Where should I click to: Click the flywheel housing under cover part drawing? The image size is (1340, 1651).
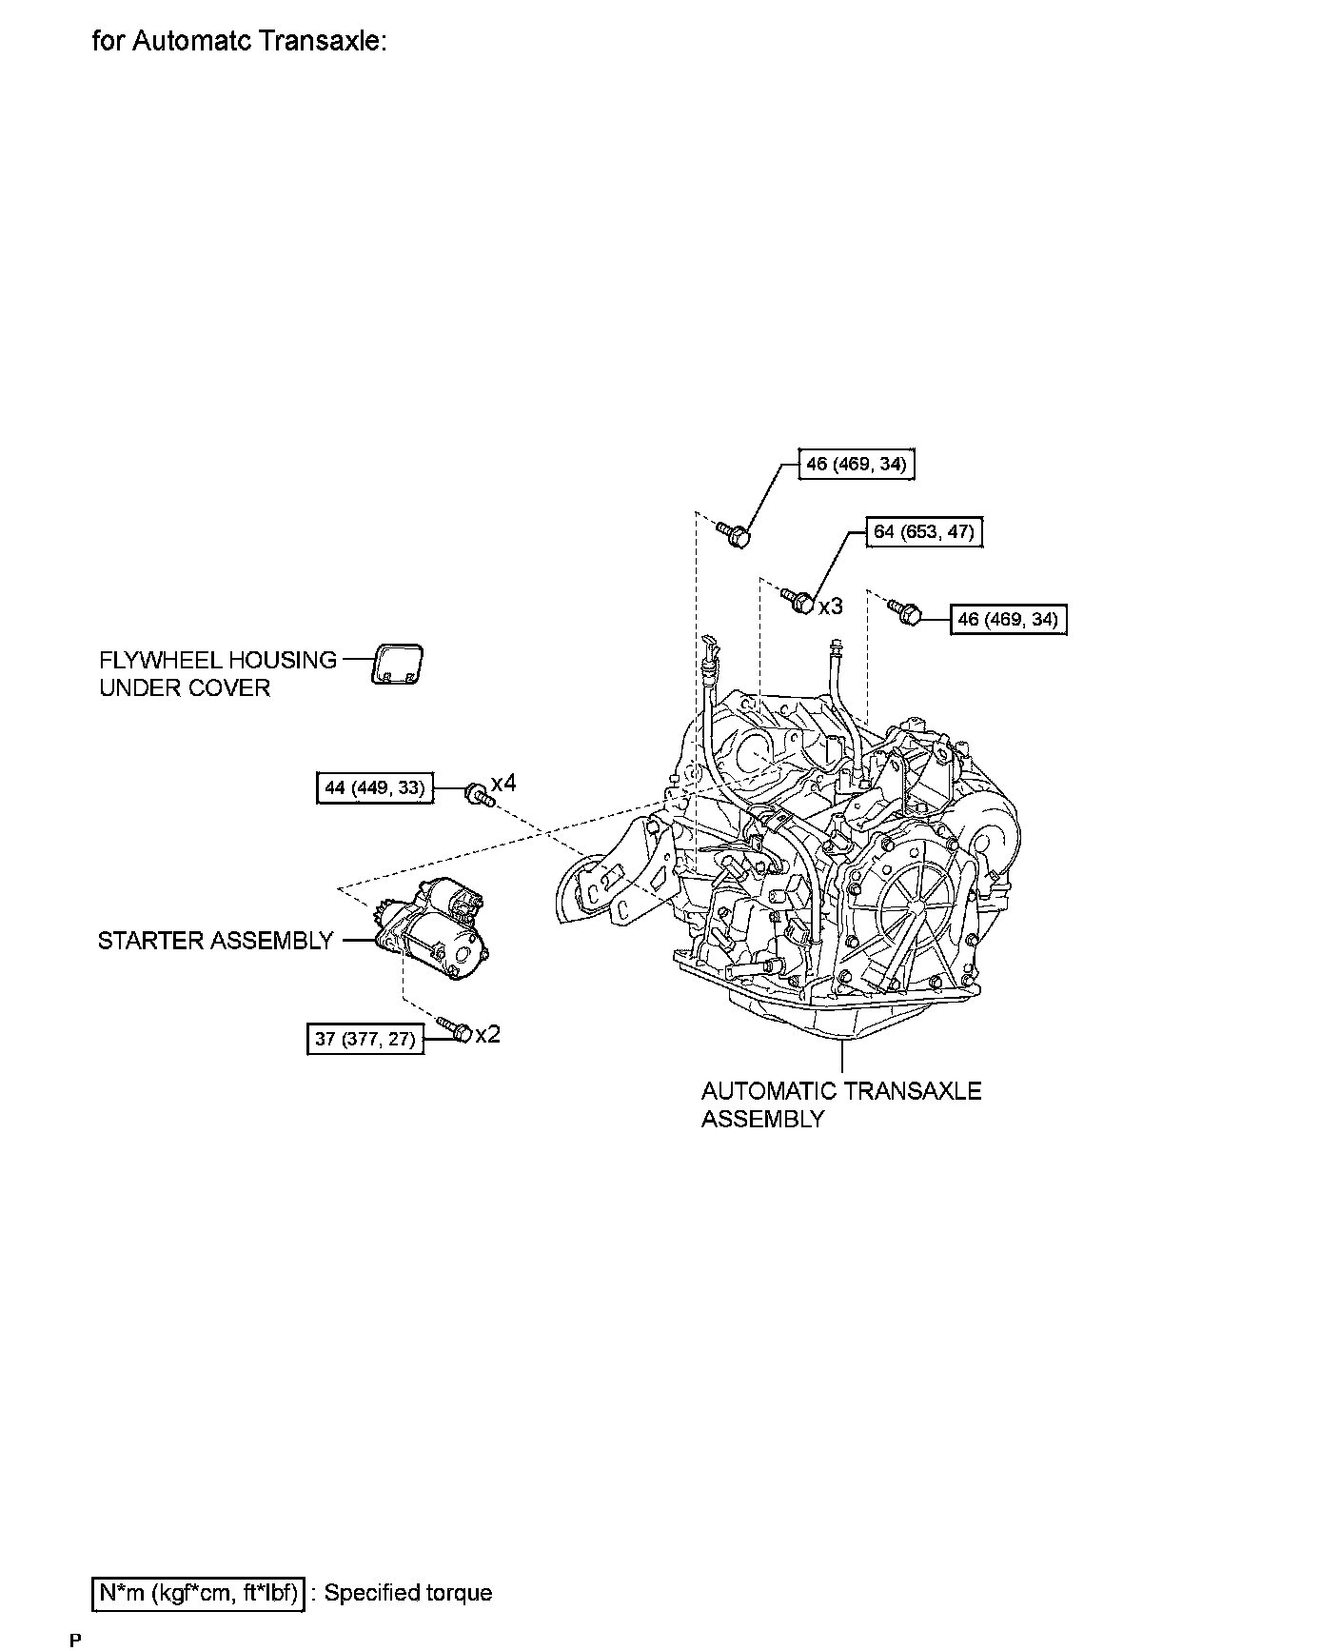(x=396, y=664)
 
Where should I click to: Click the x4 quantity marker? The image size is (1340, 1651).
(x=503, y=784)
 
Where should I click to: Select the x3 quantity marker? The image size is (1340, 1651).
(x=830, y=606)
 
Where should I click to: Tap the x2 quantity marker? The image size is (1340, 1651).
(x=487, y=1034)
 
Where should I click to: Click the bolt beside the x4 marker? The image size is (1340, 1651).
(x=478, y=794)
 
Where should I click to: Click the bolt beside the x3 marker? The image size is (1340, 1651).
(x=798, y=601)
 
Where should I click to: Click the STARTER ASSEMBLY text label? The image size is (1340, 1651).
(x=216, y=941)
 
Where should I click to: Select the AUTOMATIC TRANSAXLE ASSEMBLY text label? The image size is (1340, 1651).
(x=841, y=1104)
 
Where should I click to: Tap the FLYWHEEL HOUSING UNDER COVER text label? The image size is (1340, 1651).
(x=218, y=674)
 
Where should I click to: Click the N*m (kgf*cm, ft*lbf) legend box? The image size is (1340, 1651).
(x=198, y=1593)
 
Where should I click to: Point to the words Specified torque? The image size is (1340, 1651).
(x=408, y=1593)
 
